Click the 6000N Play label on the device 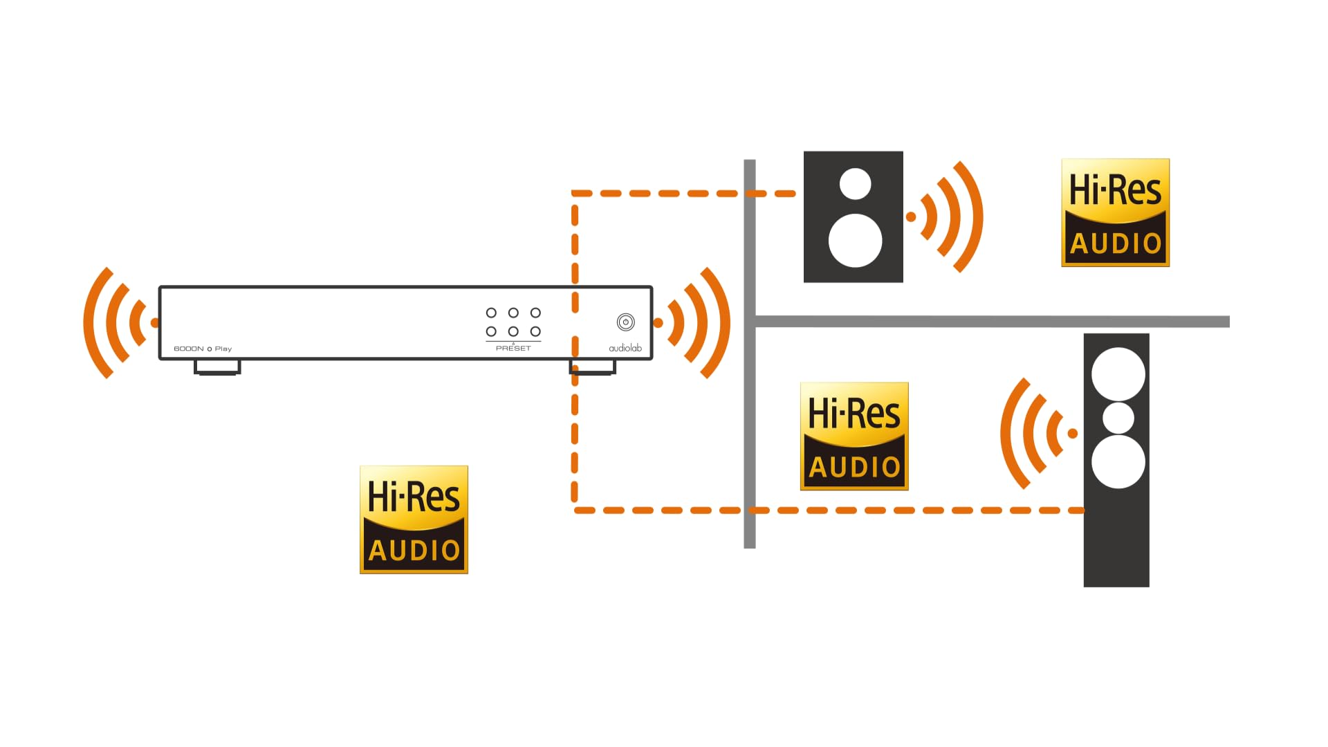tap(203, 349)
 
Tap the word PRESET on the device tap(513, 348)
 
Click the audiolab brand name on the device tap(625, 348)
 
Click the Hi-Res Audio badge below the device tap(414, 519)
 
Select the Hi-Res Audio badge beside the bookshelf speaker tap(1116, 212)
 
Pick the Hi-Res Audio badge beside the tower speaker tap(854, 436)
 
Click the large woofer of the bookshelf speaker tap(856, 241)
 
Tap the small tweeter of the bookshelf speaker tap(856, 184)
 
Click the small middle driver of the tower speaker tap(1118, 418)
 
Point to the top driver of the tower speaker tap(1118, 374)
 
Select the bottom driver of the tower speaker tap(1118, 462)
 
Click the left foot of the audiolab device tap(217, 367)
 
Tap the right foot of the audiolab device tap(593, 367)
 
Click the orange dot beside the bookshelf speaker tap(911, 217)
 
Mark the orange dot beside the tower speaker tap(1073, 434)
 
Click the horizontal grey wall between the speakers tap(993, 322)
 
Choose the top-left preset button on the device tap(491, 313)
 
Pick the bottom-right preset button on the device tap(535, 331)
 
